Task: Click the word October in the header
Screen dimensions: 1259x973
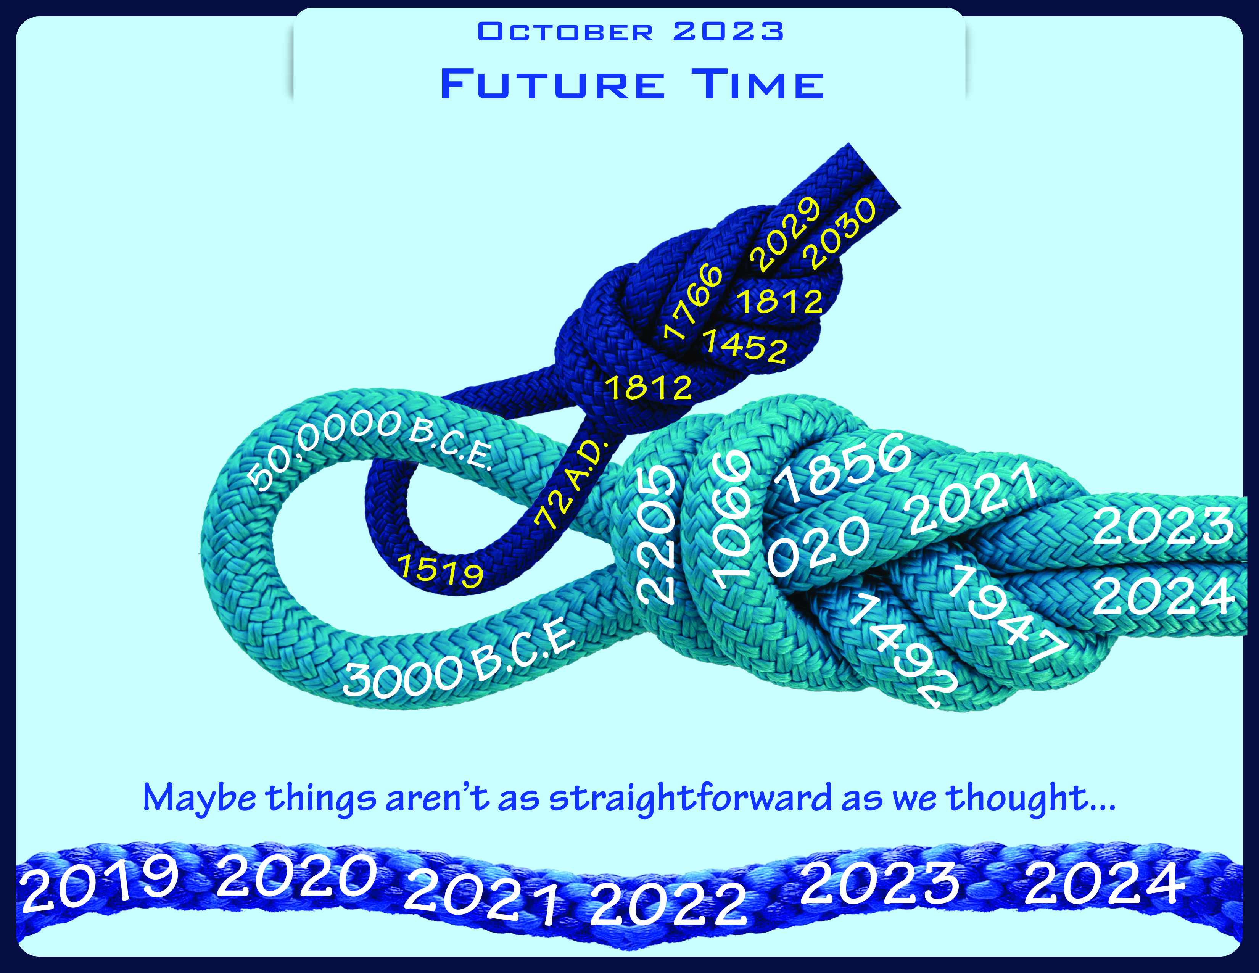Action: pyautogui.click(x=565, y=32)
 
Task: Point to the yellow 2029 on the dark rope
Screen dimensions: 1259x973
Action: pyautogui.click(x=785, y=234)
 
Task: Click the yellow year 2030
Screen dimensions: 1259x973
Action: pyautogui.click(x=842, y=234)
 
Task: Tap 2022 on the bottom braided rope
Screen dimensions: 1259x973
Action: pyautogui.click(x=669, y=905)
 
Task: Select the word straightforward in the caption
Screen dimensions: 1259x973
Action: pyautogui.click(x=691, y=798)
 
